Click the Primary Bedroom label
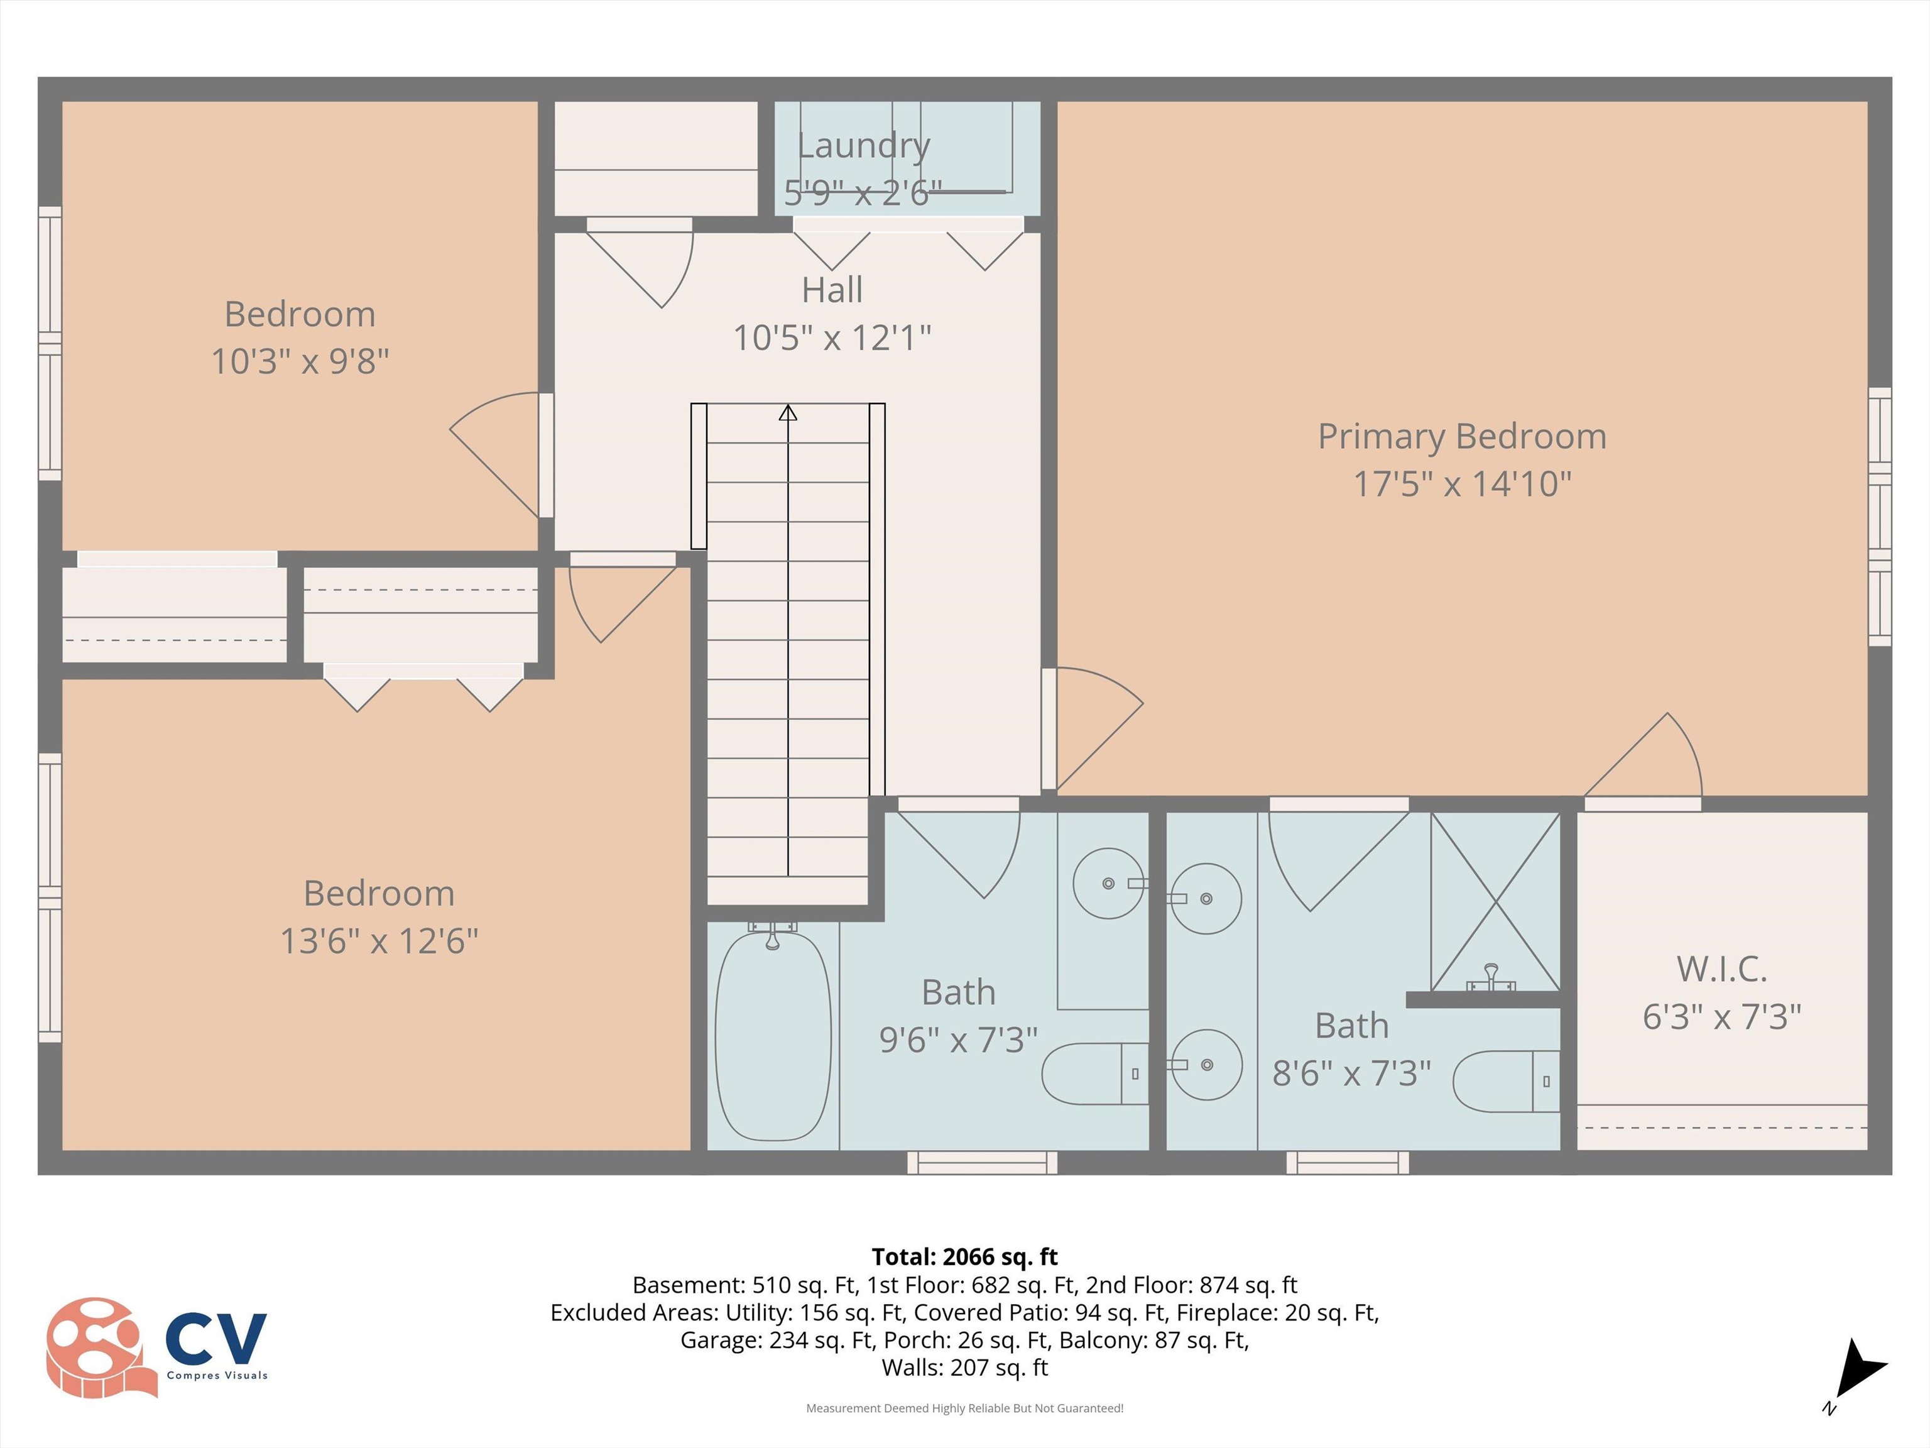(1461, 436)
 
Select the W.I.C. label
(1721, 969)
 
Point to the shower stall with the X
(1495, 901)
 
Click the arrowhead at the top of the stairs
(788, 413)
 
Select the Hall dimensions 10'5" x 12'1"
(832, 337)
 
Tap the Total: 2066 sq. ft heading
(964, 1257)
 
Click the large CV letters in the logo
(215, 1339)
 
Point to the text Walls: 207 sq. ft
(964, 1368)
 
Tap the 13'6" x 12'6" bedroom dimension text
(379, 941)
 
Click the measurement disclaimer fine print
(964, 1408)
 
